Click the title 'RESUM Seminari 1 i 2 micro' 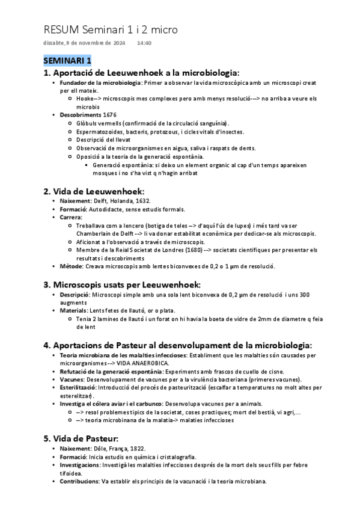click(x=111, y=29)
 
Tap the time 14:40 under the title click(x=144, y=43)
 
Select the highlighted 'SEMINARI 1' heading click(x=67, y=60)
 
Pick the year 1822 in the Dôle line click(x=137, y=449)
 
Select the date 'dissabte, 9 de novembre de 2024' click(x=85, y=43)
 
